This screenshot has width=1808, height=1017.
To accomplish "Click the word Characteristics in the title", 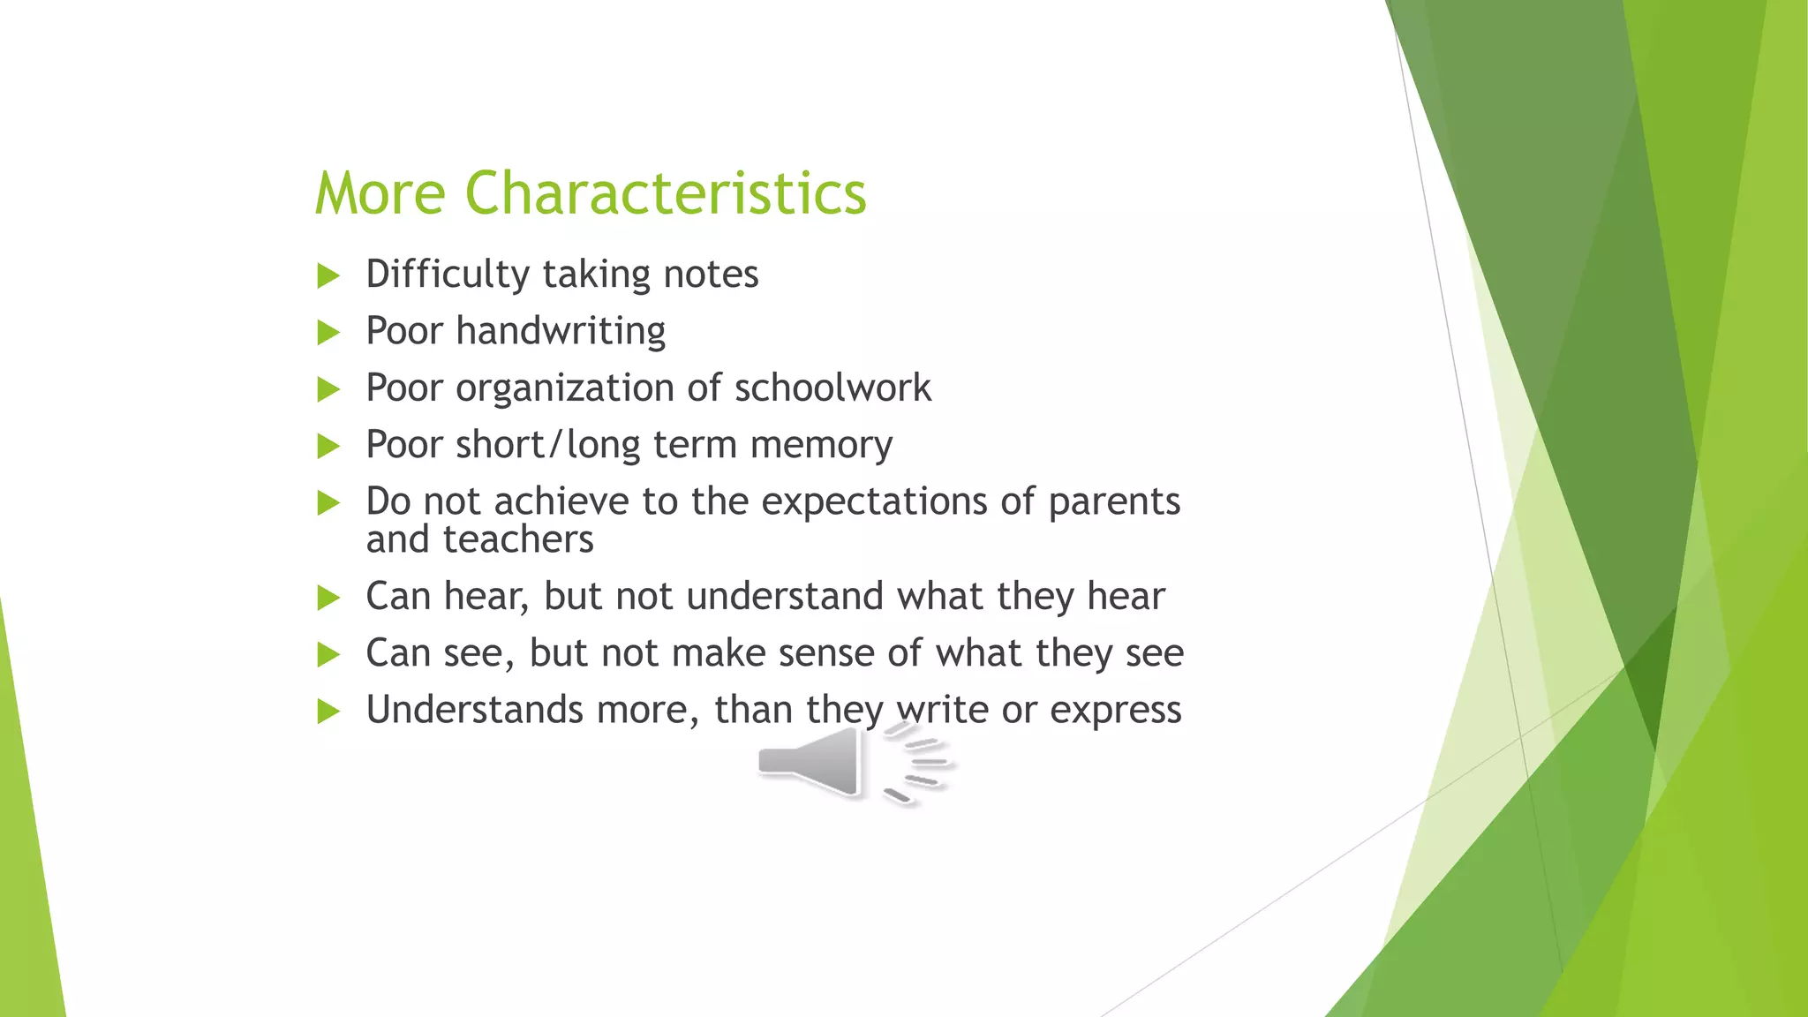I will [666, 192].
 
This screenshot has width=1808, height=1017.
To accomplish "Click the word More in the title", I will [380, 192].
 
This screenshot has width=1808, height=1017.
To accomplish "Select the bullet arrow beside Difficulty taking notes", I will [328, 275].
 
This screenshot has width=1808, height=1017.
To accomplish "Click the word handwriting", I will [561, 331].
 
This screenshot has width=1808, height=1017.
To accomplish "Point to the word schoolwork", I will [832, 388].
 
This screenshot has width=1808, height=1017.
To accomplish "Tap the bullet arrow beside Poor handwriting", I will [328, 333].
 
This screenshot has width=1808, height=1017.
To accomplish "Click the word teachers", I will [518, 539].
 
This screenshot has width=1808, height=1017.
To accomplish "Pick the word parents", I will [1114, 501].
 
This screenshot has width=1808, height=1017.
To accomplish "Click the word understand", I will [785, 596].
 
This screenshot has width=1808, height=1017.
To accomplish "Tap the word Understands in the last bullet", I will [475, 710].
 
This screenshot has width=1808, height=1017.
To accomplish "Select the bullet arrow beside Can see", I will [328, 655].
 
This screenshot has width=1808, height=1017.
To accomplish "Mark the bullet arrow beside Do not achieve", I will [328, 503].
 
